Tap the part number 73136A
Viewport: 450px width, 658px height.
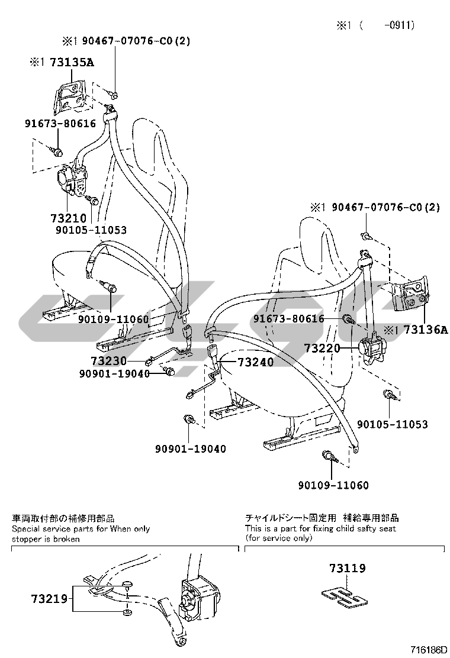point(423,330)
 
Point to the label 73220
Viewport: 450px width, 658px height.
point(322,348)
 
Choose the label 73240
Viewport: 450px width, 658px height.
point(256,362)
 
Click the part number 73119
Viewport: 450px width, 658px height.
point(348,569)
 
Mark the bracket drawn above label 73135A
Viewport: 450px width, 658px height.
point(70,95)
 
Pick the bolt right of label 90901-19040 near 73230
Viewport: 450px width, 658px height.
point(168,372)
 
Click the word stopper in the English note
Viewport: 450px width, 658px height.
point(27,539)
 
